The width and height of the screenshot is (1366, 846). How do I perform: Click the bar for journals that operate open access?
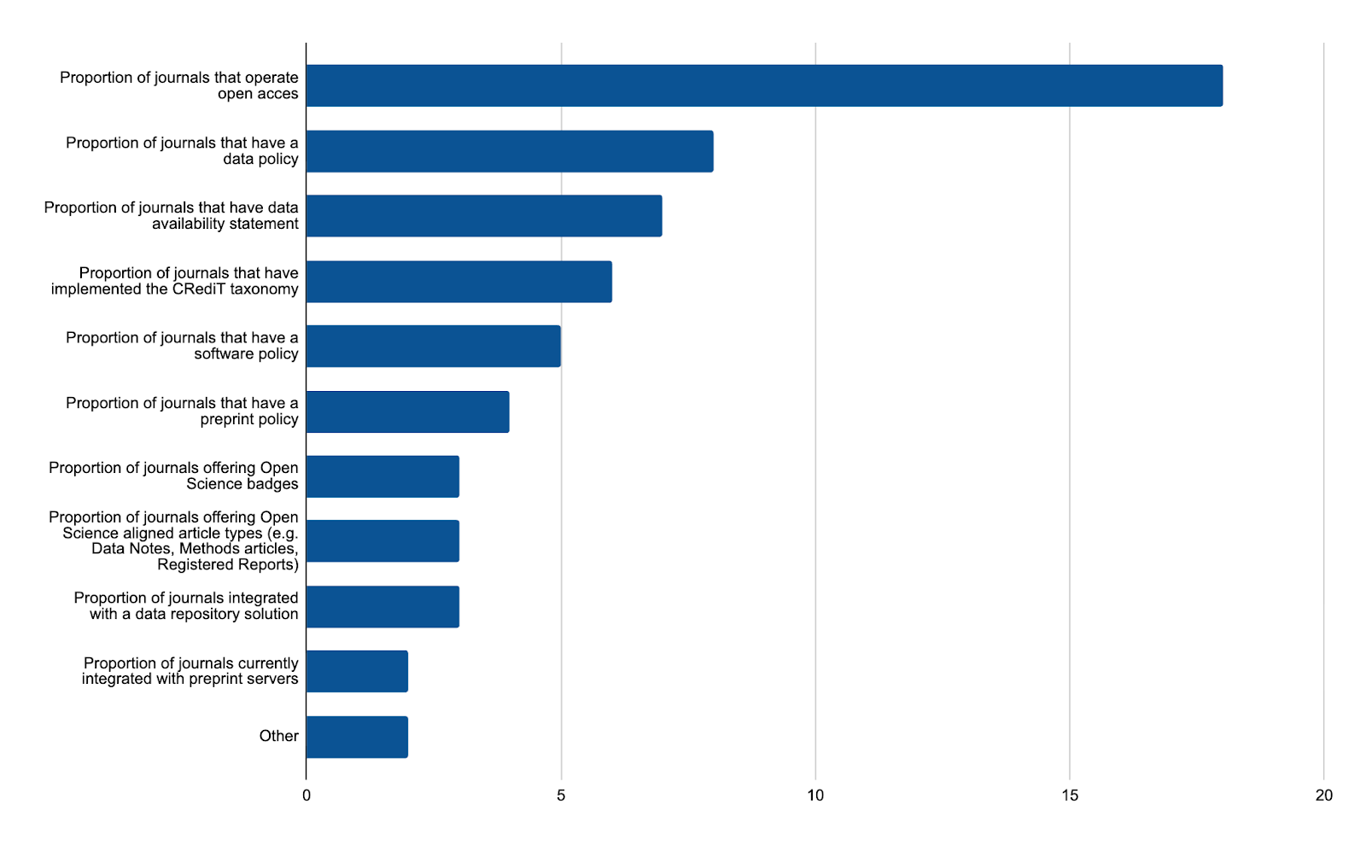[x=764, y=85]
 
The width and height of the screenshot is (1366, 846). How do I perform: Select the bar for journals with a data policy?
[x=510, y=151]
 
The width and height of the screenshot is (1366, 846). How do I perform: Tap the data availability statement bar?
[x=484, y=216]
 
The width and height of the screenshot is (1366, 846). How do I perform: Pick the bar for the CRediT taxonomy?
[x=459, y=282]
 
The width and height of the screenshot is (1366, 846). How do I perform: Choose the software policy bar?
[x=434, y=346]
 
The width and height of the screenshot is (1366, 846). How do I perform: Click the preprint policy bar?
[x=408, y=411]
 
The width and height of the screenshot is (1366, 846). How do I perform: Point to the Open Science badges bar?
[x=382, y=476]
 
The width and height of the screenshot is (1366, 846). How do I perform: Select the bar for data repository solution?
[x=382, y=607]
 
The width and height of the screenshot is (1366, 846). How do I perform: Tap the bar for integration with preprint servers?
[x=357, y=671]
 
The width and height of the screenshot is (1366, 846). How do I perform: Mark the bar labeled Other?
[x=357, y=737]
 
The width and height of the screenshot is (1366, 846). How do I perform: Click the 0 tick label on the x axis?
[x=306, y=796]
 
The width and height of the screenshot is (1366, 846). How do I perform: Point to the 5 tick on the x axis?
[x=561, y=796]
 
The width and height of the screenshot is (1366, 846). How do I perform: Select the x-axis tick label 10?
[x=815, y=796]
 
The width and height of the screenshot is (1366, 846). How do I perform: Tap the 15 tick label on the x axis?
[x=1070, y=796]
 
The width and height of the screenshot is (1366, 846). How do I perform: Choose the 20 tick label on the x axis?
[x=1323, y=796]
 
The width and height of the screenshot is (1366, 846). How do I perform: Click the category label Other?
[x=278, y=736]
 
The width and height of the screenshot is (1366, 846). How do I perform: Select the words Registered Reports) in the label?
[x=228, y=565]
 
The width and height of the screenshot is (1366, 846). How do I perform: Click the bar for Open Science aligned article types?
[x=382, y=541]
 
